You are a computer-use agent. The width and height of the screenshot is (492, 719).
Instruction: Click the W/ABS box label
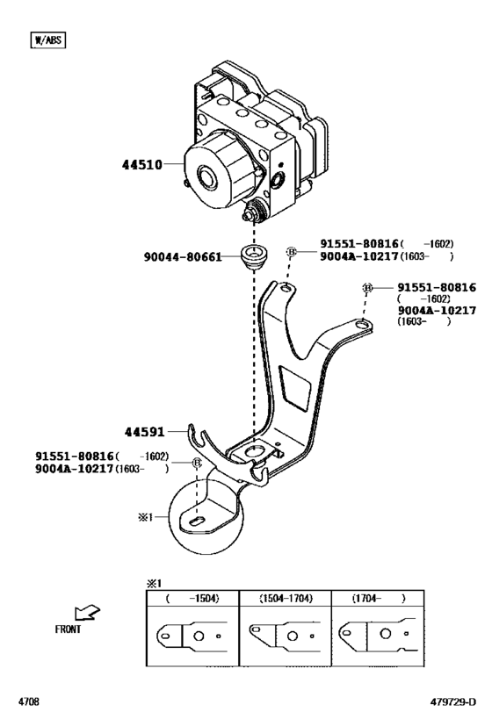coord(48,40)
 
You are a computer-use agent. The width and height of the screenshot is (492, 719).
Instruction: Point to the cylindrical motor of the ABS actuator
coord(213,176)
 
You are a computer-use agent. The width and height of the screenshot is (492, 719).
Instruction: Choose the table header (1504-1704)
coord(286,598)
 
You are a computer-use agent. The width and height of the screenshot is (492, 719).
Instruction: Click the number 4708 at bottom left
coord(31,702)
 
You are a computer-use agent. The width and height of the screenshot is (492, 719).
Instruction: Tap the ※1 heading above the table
coord(154,583)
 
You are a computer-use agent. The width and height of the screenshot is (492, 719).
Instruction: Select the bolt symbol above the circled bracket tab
coord(198,463)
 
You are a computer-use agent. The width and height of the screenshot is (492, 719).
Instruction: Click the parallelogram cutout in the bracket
coord(296,385)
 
